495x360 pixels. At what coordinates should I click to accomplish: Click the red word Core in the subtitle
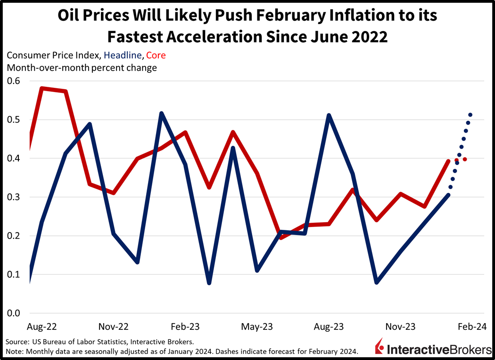(x=156, y=55)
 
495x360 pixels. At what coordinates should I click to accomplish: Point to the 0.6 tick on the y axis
(x=14, y=81)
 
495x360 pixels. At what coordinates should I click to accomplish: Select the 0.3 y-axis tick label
(x=14, y=197)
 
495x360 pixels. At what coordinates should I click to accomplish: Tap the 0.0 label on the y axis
(x=14, y=313)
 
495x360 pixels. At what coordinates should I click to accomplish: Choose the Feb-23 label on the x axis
(x=184, y=327)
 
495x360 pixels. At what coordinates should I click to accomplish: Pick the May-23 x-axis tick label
(x=256, y=327)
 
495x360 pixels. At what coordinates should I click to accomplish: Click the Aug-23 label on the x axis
(x=329, y=327)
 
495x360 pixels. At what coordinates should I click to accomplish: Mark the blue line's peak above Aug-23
(x=329, y=115)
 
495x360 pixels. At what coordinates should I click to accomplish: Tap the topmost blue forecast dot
(x=470, y=115)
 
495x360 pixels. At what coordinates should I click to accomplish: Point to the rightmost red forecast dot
(x=465, y=159)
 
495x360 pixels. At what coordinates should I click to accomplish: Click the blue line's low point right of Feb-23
(x=209, y=283)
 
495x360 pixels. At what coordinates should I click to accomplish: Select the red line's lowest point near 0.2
(x=281, y=237)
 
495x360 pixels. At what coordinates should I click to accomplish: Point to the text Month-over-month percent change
(x=82, y=67)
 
